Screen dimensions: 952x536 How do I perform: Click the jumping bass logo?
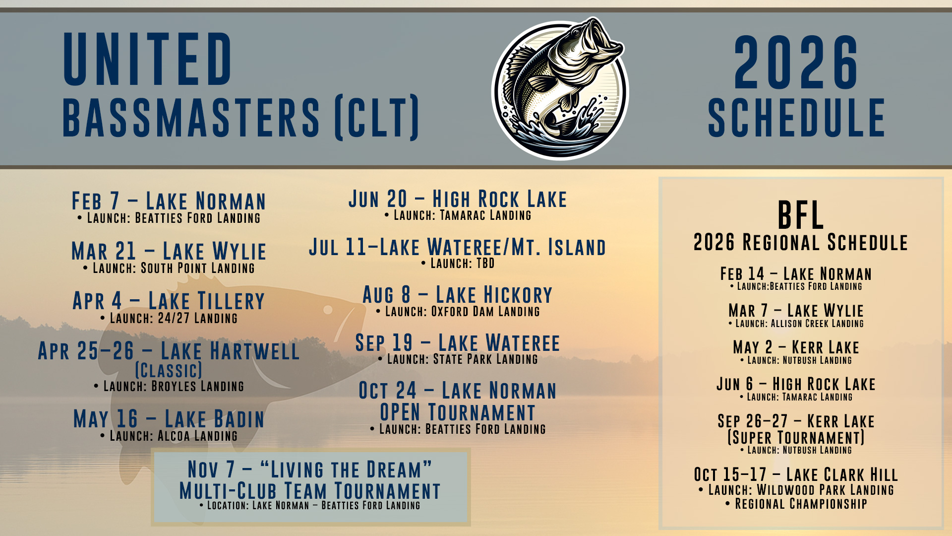(x=560, y=89)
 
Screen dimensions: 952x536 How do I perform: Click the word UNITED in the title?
(x=148, y=59)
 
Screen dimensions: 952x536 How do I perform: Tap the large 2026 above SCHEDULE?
(x=796, y=63)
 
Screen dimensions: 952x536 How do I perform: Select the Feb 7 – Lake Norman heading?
(x=169, y=201)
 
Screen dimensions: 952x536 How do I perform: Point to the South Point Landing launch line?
(x=169, y=268)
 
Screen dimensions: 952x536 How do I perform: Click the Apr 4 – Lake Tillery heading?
(x=169, y=301)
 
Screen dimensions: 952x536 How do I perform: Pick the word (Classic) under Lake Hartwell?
(x=169, y=370)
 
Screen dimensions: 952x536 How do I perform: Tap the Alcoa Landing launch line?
(x=169, y=436)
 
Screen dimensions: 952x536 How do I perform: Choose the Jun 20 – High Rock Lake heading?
(x=457, y=199)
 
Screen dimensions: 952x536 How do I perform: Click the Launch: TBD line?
(x=458, y=264)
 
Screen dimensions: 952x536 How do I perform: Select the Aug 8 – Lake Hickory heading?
(x=457, y=295)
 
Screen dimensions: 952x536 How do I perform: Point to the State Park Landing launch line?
(x=458, y=359)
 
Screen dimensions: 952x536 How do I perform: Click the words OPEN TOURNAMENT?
(x=458, y=412)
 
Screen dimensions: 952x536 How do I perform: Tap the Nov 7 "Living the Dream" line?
(x=310, y=469)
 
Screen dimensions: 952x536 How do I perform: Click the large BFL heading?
(x=800, y=215)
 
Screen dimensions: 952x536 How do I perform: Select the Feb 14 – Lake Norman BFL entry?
(x=796, y=274)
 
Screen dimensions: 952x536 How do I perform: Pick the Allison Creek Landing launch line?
(x=796, y=324)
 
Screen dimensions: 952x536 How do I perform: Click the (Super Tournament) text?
(x=796, y=437)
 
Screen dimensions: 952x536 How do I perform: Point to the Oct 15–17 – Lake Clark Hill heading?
(x=796, y=474)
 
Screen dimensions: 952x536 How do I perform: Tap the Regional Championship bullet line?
(x=796, y=504)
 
